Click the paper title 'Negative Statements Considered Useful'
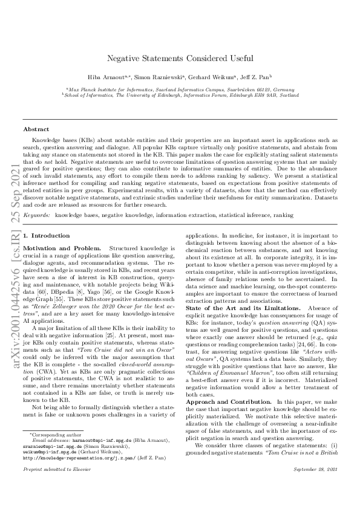tap(180, 59)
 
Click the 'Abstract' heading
tap(36, 129)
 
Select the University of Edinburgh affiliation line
tap(180, 95)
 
